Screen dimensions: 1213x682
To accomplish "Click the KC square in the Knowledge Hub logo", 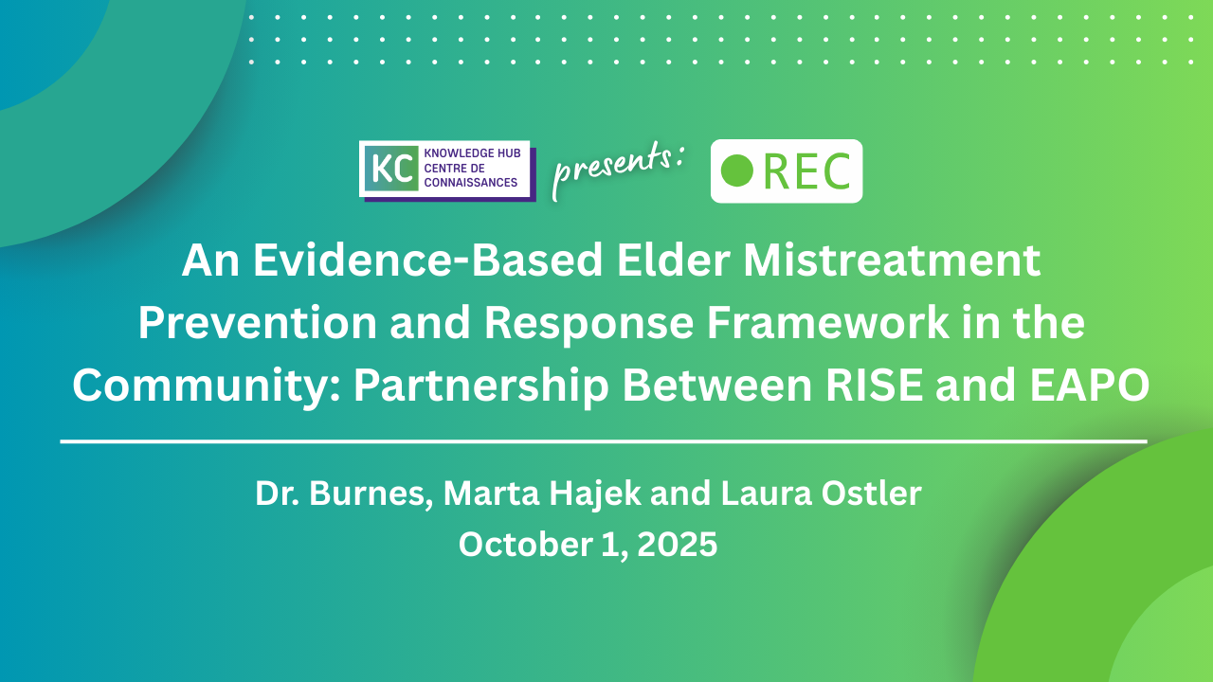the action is [391, 169].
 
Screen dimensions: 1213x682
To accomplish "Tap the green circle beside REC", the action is [737, 170].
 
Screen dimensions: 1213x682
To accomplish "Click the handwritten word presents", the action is [617, 169].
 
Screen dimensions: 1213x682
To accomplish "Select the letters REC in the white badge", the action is [806, 171].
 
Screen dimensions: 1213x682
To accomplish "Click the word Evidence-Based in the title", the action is [427, 260].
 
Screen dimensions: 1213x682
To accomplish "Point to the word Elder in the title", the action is [673, 260].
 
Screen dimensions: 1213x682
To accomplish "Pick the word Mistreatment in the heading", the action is [892, 260].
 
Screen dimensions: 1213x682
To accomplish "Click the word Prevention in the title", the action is [257, 323].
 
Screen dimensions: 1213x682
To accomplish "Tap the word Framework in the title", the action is [828, 323].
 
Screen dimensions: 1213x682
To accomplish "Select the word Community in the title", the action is [207, 386].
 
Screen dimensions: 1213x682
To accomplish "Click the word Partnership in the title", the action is [480, 386].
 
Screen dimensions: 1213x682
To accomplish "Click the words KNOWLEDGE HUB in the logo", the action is [472, 153].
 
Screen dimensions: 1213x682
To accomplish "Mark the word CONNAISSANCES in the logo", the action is [471, 183].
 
